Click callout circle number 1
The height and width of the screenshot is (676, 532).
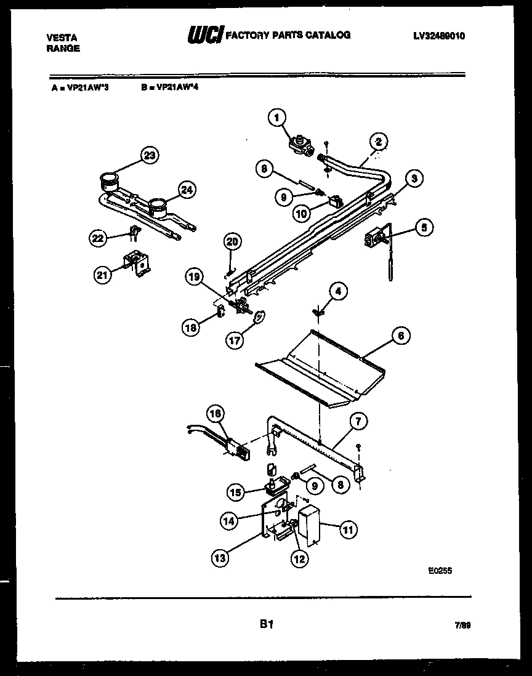pos(278,116)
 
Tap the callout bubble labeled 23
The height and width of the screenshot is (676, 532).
pos(148,156)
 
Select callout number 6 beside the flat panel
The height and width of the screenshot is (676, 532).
pos(400,336)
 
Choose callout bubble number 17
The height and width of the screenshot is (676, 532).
pos(235,339)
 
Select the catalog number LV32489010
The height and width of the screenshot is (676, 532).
pos(439,36)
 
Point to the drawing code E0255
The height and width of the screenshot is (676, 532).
pos(440,571)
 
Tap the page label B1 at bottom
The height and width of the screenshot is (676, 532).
pos(266,625)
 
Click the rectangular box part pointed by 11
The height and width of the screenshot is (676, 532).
pos(311,524)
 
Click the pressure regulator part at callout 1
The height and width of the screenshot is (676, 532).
pos(302,146)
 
